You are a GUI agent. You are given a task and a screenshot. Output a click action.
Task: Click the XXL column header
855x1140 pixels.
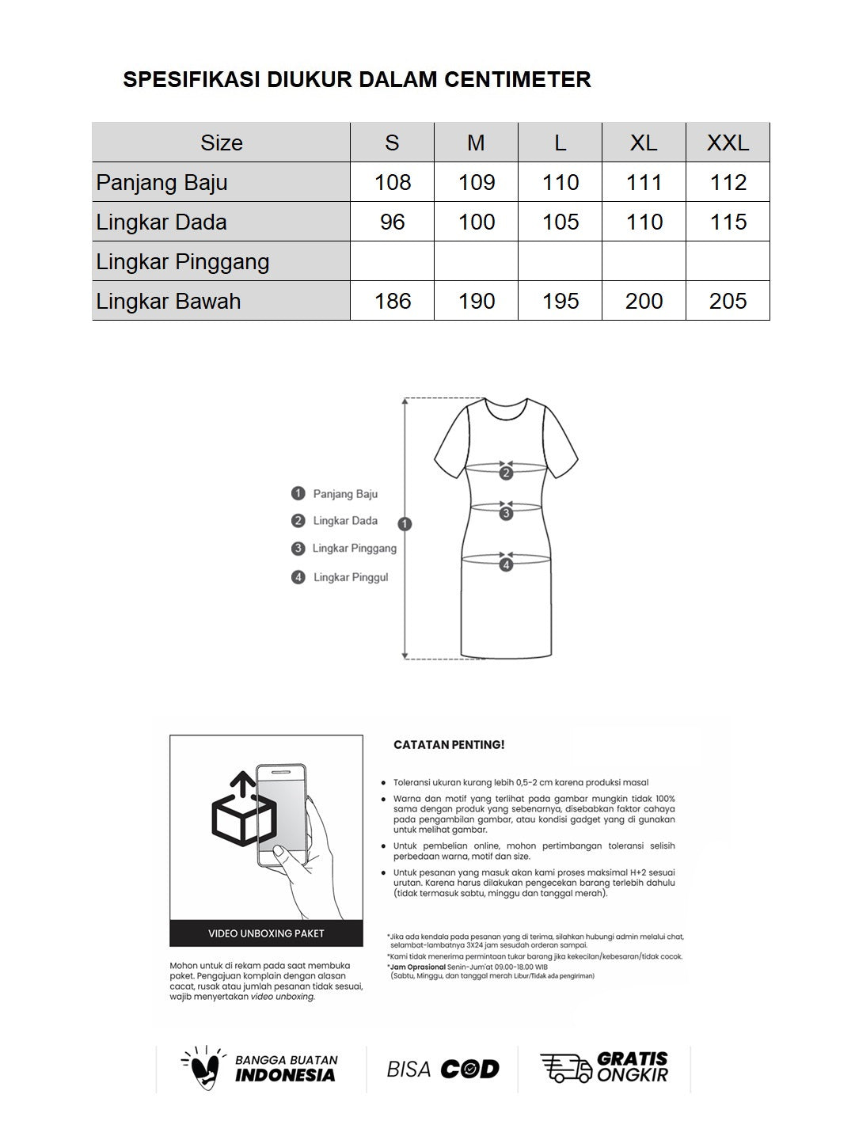[x=728, y=142]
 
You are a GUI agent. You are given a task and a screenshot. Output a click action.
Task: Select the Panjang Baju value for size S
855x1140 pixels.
[x=393, y=182]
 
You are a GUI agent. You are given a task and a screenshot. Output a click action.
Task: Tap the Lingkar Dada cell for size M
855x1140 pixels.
[x=477, y=222]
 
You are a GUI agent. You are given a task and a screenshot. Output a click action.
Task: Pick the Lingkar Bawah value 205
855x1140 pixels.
[x=728, y=301]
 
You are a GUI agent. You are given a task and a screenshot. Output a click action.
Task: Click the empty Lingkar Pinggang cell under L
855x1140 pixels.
[x=560, y=261]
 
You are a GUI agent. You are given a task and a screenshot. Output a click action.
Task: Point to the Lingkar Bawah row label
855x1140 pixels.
[x=169, y=301]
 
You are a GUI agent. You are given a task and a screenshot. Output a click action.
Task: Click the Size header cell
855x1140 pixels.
[x=222, y=142]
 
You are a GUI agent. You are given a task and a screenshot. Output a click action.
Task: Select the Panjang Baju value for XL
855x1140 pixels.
[x=644, y=182]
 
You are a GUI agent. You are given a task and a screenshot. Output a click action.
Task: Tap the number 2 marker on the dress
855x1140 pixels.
[x=507, y=473]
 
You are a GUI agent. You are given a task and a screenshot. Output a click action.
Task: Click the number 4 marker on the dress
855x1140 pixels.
[x=507, y=564]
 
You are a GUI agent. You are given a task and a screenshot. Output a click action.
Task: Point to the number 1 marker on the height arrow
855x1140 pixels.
[x=405, y=523]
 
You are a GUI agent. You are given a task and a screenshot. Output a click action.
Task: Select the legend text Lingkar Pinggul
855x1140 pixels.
[x=351, y=577]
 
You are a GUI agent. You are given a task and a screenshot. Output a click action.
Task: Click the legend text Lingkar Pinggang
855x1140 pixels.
[x=354, y=548]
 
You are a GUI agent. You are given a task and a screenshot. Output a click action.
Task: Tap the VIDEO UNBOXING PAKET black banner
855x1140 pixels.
[x=266, y=933]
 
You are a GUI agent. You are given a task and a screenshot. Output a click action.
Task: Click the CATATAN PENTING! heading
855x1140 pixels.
[x=449, y=745]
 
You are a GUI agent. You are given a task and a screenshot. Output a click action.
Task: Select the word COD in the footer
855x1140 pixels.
[x=470, y=1070]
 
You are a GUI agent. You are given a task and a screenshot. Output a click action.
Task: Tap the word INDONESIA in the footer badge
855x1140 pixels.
[x=285, y=1075]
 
